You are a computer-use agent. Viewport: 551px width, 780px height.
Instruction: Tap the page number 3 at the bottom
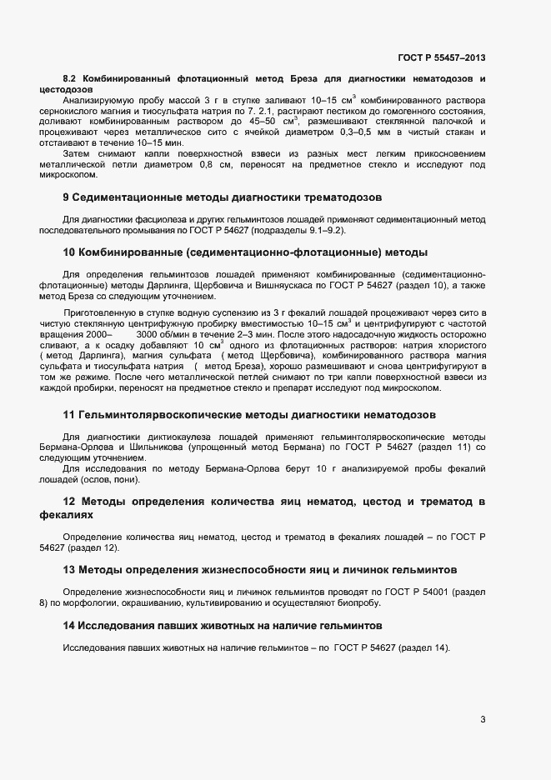(483, 720)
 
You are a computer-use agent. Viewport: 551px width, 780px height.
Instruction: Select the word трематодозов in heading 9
(340, 198)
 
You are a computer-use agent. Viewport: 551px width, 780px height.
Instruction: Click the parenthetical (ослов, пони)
(113, 479)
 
